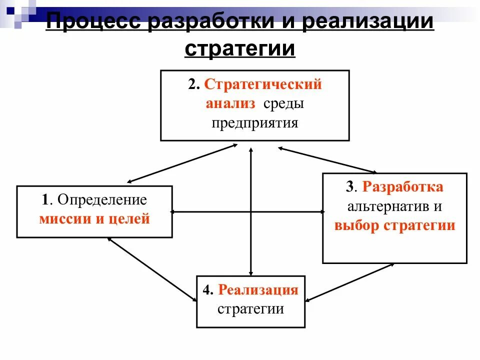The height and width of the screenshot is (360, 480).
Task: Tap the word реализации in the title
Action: point(363,22)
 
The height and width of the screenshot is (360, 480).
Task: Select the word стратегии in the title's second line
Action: point(240,49)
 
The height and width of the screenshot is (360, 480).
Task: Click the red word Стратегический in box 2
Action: point(262,84)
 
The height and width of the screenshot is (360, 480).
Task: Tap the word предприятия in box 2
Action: point(254,123)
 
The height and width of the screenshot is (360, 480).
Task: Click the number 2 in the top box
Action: point(192,84)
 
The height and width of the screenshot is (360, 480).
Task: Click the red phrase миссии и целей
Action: point(94,219)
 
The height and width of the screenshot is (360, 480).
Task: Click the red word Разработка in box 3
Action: point(402,187)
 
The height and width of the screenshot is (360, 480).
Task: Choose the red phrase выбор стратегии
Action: point(395,225)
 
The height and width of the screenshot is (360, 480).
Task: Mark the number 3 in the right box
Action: point(349,187)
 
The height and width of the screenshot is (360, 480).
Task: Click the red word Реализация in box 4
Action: point(258,290)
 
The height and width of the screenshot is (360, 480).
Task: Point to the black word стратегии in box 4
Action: point(250,308)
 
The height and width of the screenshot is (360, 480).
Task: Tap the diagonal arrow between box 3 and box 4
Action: point(349,282)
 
